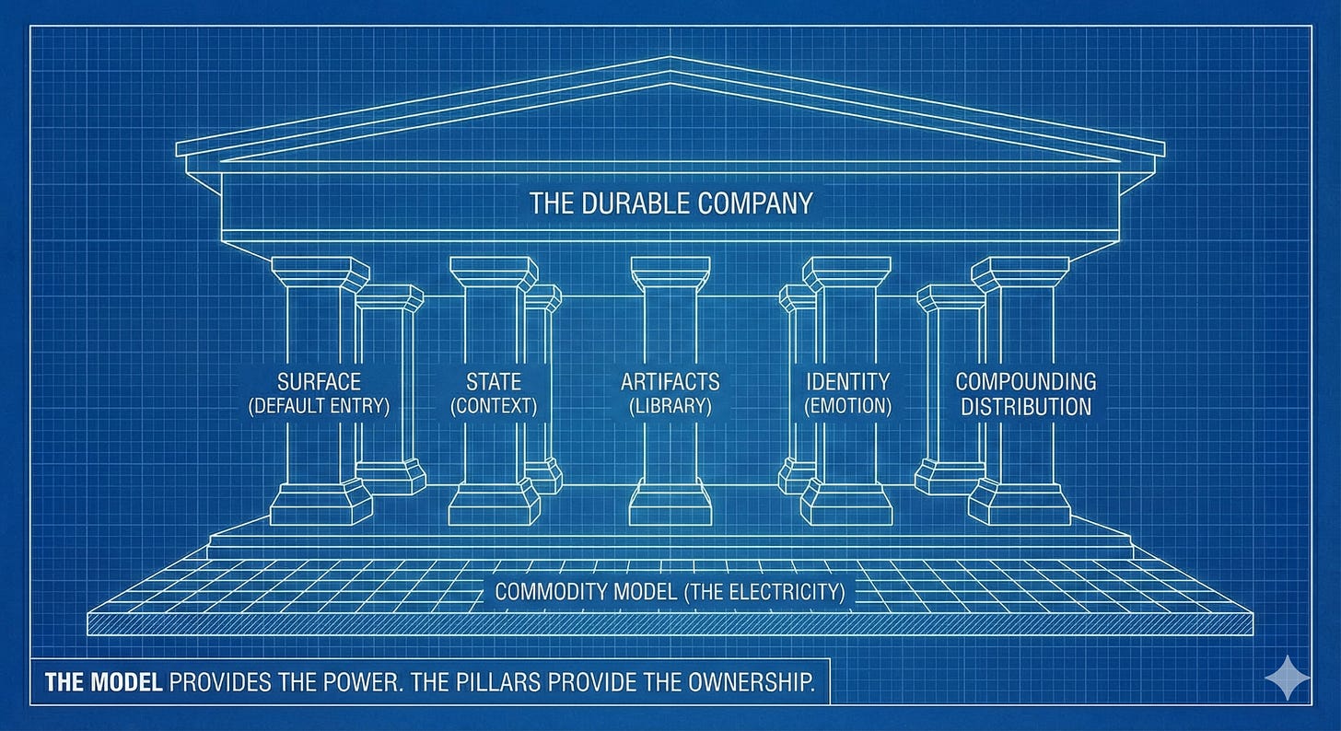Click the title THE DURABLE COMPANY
(670, 203)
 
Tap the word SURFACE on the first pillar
(319, 381)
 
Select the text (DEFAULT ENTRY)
(319, 406)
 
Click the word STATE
(494, 381)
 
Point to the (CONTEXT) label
(494, 406)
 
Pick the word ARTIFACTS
(670, 381)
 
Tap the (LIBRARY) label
(670, 406)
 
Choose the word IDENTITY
(847, 381)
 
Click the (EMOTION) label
(847, 406)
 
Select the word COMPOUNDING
(1026, 381)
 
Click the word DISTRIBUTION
(1026, 406)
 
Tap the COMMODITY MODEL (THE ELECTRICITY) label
(670, 591)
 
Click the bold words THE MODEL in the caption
(103, 682)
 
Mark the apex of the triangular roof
(670, 61)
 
